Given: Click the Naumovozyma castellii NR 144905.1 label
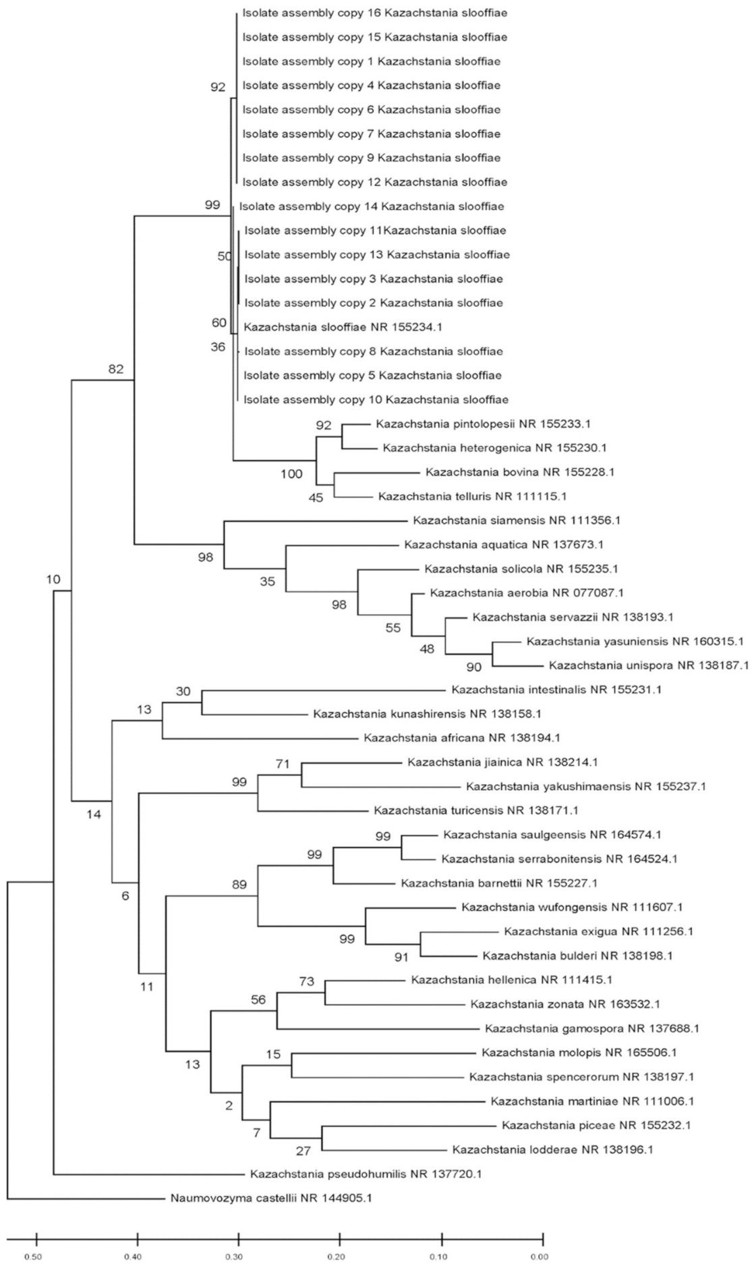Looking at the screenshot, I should [x=268, y=1198].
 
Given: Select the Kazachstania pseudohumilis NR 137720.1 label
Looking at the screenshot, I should [x=366, y=1174].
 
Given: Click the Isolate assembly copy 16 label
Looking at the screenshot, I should [x=375, y=13].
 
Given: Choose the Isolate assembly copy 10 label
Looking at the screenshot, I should [x=376, y=399].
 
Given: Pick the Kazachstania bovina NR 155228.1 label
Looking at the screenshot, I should [x=520, y=472].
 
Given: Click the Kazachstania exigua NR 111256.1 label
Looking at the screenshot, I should [x=599, y=932].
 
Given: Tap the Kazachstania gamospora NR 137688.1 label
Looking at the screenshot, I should [x=591, y=1028].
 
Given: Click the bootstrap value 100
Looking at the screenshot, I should [x=291, y=474].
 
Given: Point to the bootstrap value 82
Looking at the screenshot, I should [x=117, y=368].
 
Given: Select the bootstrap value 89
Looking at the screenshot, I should [x=239, y=885].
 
